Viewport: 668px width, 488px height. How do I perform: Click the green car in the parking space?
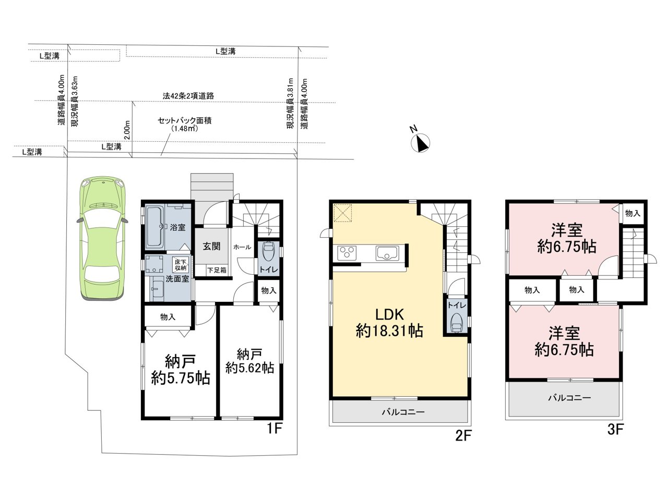[103, 238]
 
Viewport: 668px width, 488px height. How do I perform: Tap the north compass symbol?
[420, 142]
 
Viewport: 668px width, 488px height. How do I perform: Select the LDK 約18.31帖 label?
[389, 323]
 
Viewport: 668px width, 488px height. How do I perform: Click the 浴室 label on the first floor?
[178, 228]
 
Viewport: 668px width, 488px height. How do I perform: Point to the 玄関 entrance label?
[212, 246]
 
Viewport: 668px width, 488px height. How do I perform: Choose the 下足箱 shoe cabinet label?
[217, 270]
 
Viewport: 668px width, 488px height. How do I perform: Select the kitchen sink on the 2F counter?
[387, 253]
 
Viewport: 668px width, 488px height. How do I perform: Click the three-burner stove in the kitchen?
[347, 253]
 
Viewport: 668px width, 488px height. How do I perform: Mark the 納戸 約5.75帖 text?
[181, 370]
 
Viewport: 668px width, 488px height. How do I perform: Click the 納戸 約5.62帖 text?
[249, 361]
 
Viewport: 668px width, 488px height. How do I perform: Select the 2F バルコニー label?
[403, 412]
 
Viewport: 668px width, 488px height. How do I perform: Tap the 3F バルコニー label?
[569, 398]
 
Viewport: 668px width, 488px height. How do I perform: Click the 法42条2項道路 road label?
[188, 96]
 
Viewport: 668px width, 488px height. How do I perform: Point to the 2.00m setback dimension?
[127, 130]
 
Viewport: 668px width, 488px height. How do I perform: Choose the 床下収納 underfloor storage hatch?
[181, 265]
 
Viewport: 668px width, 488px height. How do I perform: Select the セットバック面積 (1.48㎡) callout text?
[185, 125]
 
